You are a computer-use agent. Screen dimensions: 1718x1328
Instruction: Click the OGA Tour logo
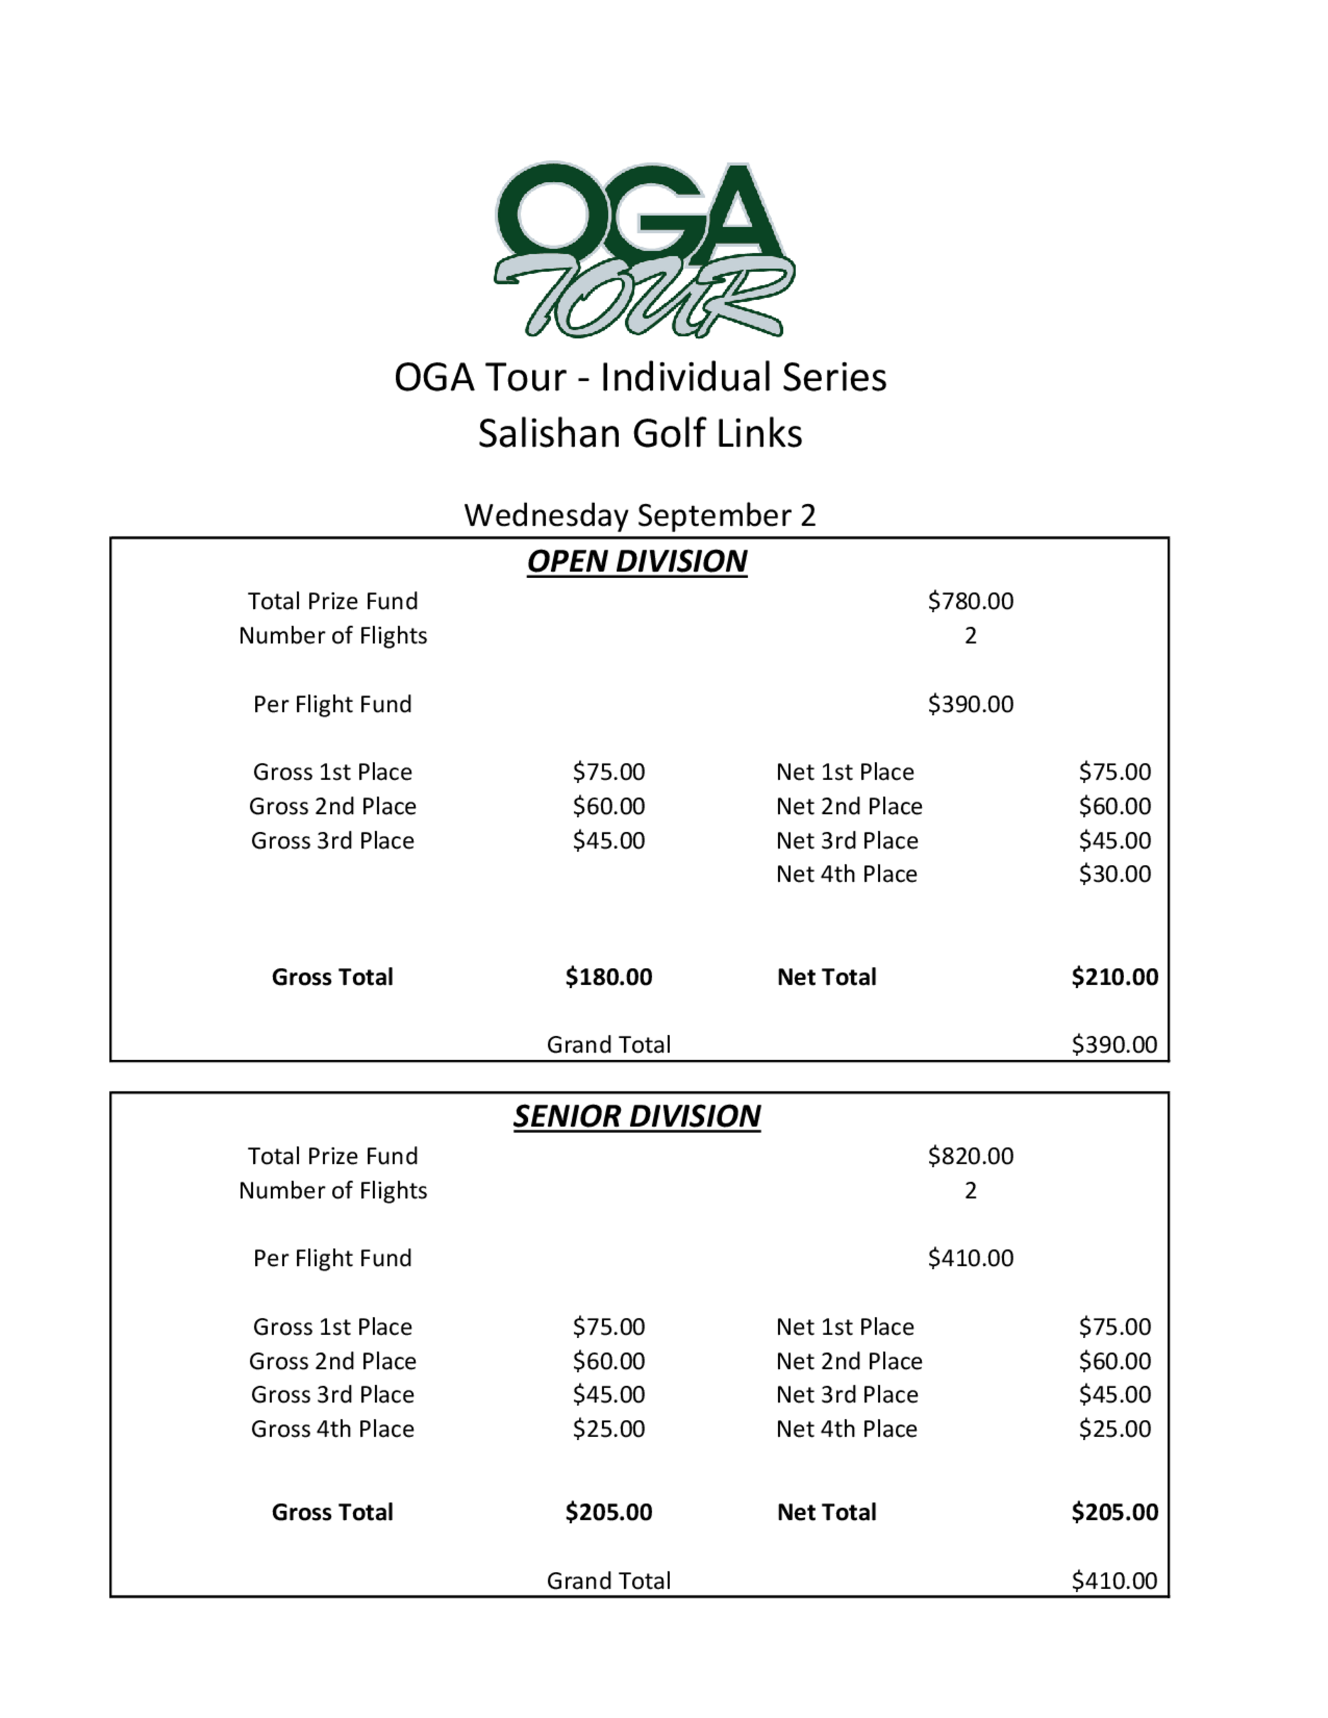[643, 248]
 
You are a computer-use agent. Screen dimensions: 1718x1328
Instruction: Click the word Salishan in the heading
[550, 433]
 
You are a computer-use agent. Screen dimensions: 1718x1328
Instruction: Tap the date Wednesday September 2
[639, 515]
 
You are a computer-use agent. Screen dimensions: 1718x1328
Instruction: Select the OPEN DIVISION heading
[637, 561]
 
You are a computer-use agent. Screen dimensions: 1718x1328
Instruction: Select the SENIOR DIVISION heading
[637, 1116]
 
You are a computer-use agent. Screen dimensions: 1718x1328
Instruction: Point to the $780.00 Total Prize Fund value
[970, 601]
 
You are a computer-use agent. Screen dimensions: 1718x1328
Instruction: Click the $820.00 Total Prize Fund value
[970, 1156]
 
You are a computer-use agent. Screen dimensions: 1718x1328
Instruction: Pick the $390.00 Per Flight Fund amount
[970, 704]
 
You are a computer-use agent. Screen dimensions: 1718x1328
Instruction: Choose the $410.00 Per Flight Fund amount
[970, 1258]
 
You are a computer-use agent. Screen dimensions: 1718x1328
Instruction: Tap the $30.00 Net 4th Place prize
[1114, 874]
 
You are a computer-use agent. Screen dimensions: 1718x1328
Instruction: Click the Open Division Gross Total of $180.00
[608, 977]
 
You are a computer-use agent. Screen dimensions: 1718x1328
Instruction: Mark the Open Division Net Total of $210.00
[1114, 977]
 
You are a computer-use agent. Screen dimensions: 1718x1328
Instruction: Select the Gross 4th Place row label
[332, 1429]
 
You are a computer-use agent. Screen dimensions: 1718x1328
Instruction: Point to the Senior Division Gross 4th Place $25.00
[608, 1429]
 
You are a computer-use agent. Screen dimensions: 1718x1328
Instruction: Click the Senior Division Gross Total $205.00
[608, 1512]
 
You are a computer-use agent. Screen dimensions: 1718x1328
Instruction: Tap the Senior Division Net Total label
[826, 1512]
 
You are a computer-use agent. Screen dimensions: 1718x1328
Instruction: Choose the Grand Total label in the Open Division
[608, 1045]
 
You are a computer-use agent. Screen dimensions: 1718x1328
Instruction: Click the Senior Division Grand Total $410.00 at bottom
[1114, 1581]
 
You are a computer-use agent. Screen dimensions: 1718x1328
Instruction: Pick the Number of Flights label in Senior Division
[332, 1190]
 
